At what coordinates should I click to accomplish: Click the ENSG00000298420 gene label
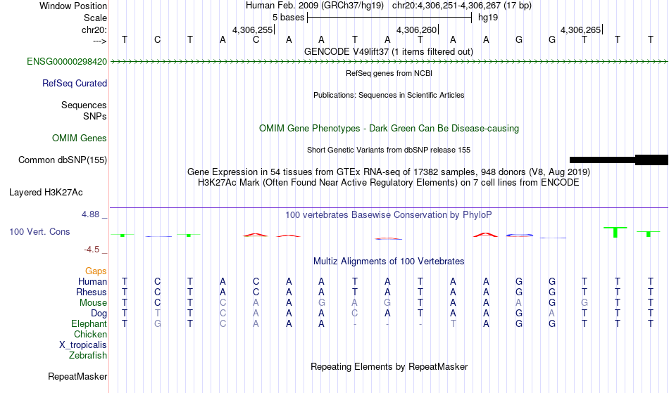point(67,62)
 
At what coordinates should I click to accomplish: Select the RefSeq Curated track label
point(75,84)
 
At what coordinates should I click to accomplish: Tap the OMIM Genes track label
point(80,138)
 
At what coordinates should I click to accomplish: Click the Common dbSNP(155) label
point(63,160)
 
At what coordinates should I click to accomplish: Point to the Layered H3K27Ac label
point(46,193)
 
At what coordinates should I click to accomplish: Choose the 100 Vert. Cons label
point(39,231)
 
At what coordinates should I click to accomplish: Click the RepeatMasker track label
point(77,376)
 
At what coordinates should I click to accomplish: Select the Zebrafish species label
point(88,356)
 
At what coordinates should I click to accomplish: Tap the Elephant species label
point(89,324)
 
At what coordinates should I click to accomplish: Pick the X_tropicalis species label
point(83,345)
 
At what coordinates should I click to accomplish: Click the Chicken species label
point(90,335)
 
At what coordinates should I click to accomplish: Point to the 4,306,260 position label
point(416,30)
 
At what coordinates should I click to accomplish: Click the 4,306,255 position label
point(252,30)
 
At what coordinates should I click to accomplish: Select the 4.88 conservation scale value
point(90,214)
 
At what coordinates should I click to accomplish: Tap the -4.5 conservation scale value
point(92,249)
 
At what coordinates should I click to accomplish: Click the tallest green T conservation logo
point(615,232)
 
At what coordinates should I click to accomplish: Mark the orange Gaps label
point(96,271)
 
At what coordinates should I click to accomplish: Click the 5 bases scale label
point(289,18)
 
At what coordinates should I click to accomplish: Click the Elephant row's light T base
point(453,324)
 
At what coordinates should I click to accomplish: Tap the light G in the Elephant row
point(158,324)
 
